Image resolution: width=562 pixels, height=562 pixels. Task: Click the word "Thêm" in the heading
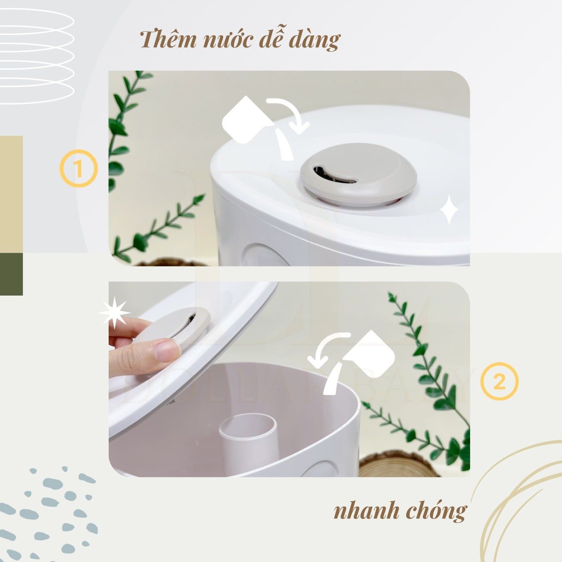[168, 40]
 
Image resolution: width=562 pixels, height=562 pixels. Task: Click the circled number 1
[79, 169]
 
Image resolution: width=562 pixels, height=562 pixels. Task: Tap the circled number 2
[499, 381]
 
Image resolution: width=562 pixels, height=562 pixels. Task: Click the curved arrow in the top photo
[290, 113]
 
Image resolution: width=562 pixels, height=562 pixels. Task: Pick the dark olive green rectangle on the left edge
[11, 274]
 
